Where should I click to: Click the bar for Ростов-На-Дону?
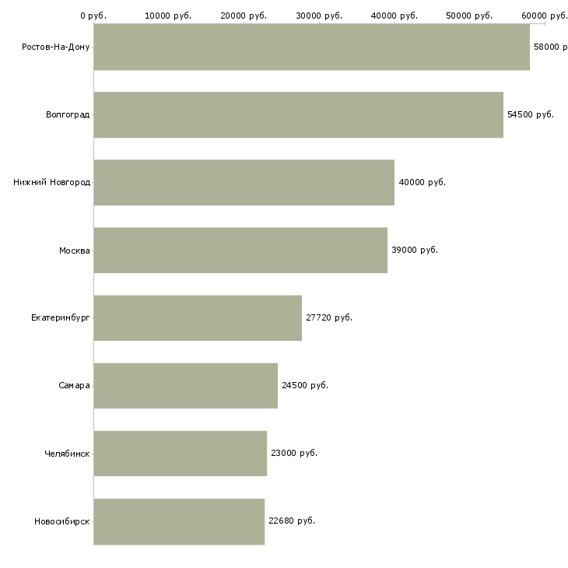click(311, 47)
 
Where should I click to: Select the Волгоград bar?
click(298, 114)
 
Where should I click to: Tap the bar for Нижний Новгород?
click(244, 182)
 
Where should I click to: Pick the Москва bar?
click(240, 250)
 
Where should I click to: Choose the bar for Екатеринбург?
click(198, 317)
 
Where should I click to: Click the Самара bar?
click(185, 385)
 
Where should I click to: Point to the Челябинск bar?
click(180, 453)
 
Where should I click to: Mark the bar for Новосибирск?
click(179, 521)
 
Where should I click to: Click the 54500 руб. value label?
click(531, 114)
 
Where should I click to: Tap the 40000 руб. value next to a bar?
click(422, 182)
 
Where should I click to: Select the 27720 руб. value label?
click(329, 317)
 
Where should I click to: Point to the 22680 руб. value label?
click(292, 521)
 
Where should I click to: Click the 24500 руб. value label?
click(305, 385)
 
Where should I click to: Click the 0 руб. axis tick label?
click(93, 16)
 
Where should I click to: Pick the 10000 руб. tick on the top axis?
click(168, 16)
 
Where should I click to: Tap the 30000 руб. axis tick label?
click(319, 16)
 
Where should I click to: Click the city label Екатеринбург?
click(60, 317)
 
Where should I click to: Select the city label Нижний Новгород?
click(51, 182)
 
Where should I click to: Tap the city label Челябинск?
click(67, 453)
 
